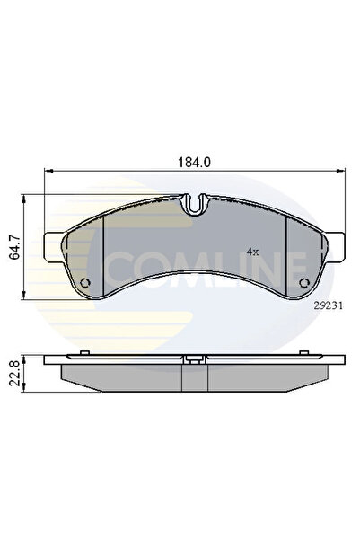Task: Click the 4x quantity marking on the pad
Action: point(252,252)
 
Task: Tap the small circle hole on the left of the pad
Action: point(86,285)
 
